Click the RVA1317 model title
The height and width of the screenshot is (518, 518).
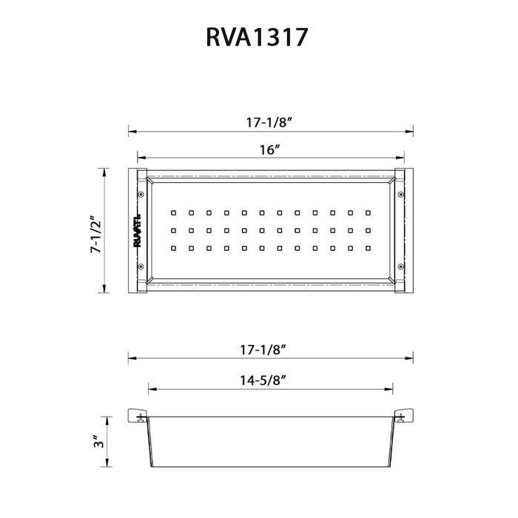(x=258, y=38)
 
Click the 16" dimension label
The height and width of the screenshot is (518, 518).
(x=269, y=149)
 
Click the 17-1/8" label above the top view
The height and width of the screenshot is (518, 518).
(x=269, y=123)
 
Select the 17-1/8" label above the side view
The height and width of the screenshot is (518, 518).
(x=270, y=346)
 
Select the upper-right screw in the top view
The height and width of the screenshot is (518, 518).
(x=400, y=195)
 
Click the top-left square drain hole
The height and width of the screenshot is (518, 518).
(x=173, y=212)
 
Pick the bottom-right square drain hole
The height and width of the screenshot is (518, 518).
(x=367, y=248)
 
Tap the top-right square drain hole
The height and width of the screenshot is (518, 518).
(x=367, y=212)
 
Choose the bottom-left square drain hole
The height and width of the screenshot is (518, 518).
(x=173, y=248)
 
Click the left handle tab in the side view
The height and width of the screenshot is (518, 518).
(x=138, y=415)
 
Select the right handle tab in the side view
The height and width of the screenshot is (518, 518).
(x=402, y=415)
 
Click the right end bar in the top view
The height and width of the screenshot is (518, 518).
(x=402, y=231)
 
